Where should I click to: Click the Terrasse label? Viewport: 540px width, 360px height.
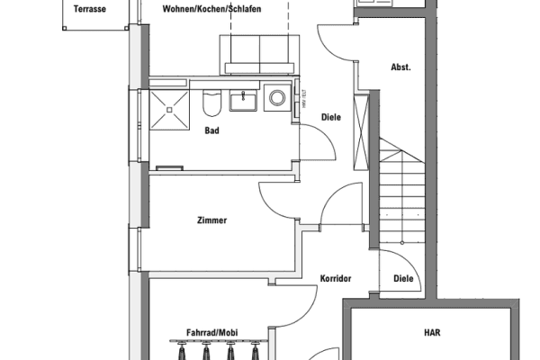coord(88,8)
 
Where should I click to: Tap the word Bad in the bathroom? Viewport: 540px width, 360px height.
coord(212,131)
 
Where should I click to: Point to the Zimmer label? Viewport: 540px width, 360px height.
coord(211,220)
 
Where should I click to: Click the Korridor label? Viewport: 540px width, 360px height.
coord(335,279)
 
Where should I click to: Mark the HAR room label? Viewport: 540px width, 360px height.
coord(432,332)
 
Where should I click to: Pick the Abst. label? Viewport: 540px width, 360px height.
coord(400,67)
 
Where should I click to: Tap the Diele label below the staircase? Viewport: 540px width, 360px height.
coord(404,279)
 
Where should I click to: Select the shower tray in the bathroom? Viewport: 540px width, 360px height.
coord(168,107)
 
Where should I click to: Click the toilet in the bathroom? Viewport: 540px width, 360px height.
coord(212,103)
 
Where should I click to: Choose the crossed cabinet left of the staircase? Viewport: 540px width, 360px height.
coord(363,130)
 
